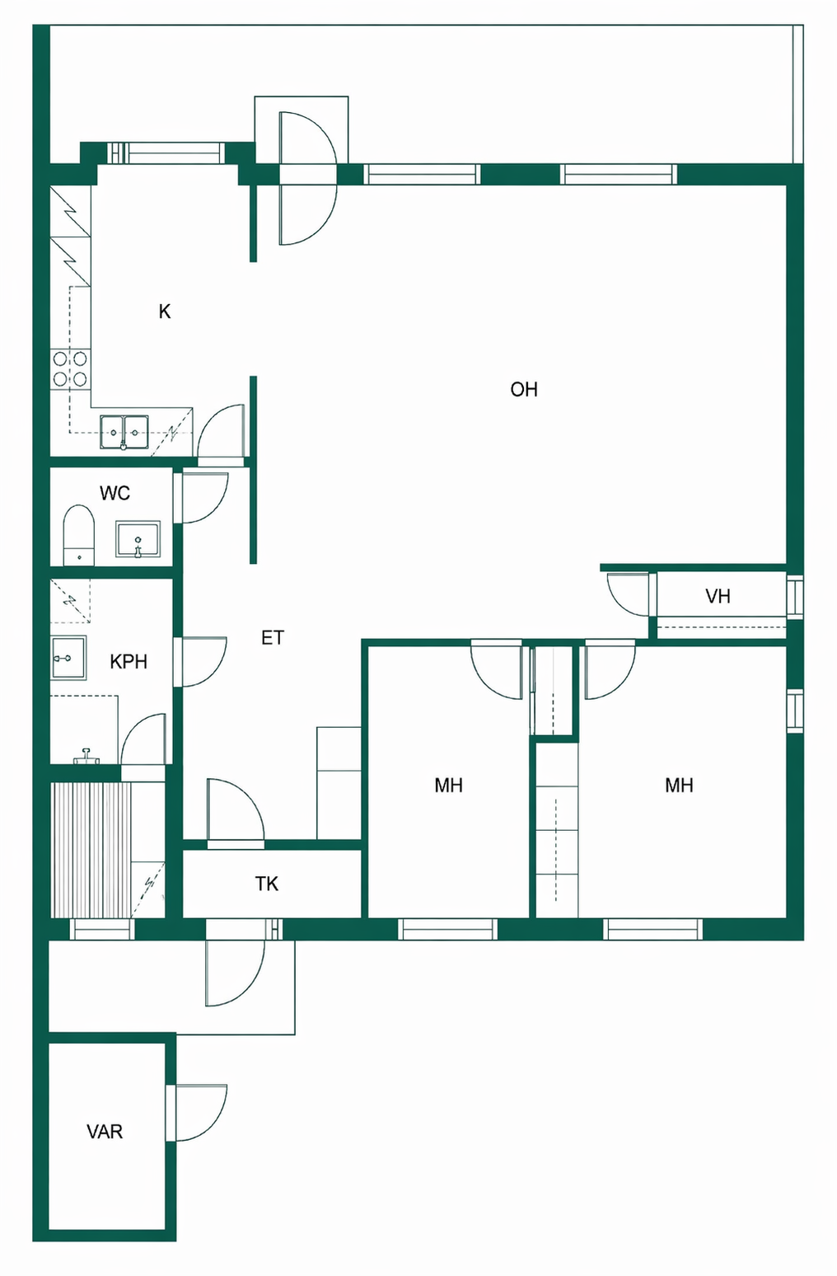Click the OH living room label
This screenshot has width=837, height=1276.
(524, 390)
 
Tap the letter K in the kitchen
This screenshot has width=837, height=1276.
(165, 312)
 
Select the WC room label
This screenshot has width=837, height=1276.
(115, 493)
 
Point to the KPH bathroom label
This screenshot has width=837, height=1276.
(129, 661)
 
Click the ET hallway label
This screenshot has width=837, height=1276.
(272, 638)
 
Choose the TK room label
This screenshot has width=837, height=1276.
(266, 884)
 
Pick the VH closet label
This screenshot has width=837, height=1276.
(718, 597)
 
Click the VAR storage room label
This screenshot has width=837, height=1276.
(105, 1131)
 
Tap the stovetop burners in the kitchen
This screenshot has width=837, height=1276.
(70, 368)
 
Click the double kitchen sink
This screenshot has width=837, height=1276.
(124, 432)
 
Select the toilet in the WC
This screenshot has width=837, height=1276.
(78, 535)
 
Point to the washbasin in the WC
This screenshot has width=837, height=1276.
(138, 539)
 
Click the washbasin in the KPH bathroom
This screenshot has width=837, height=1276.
(68, 658)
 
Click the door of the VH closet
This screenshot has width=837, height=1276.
(628, 594)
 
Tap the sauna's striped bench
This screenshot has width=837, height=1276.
(91, 851)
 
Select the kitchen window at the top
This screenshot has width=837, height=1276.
(166, 153)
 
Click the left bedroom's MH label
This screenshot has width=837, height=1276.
(448, 786)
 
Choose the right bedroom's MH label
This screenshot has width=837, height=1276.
(679, 786)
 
